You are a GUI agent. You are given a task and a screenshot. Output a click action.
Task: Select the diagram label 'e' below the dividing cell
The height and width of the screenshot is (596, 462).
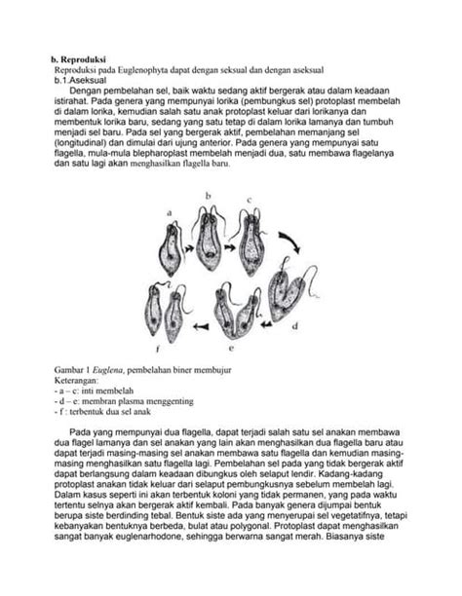pyautogui.click(x=230, y=345)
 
